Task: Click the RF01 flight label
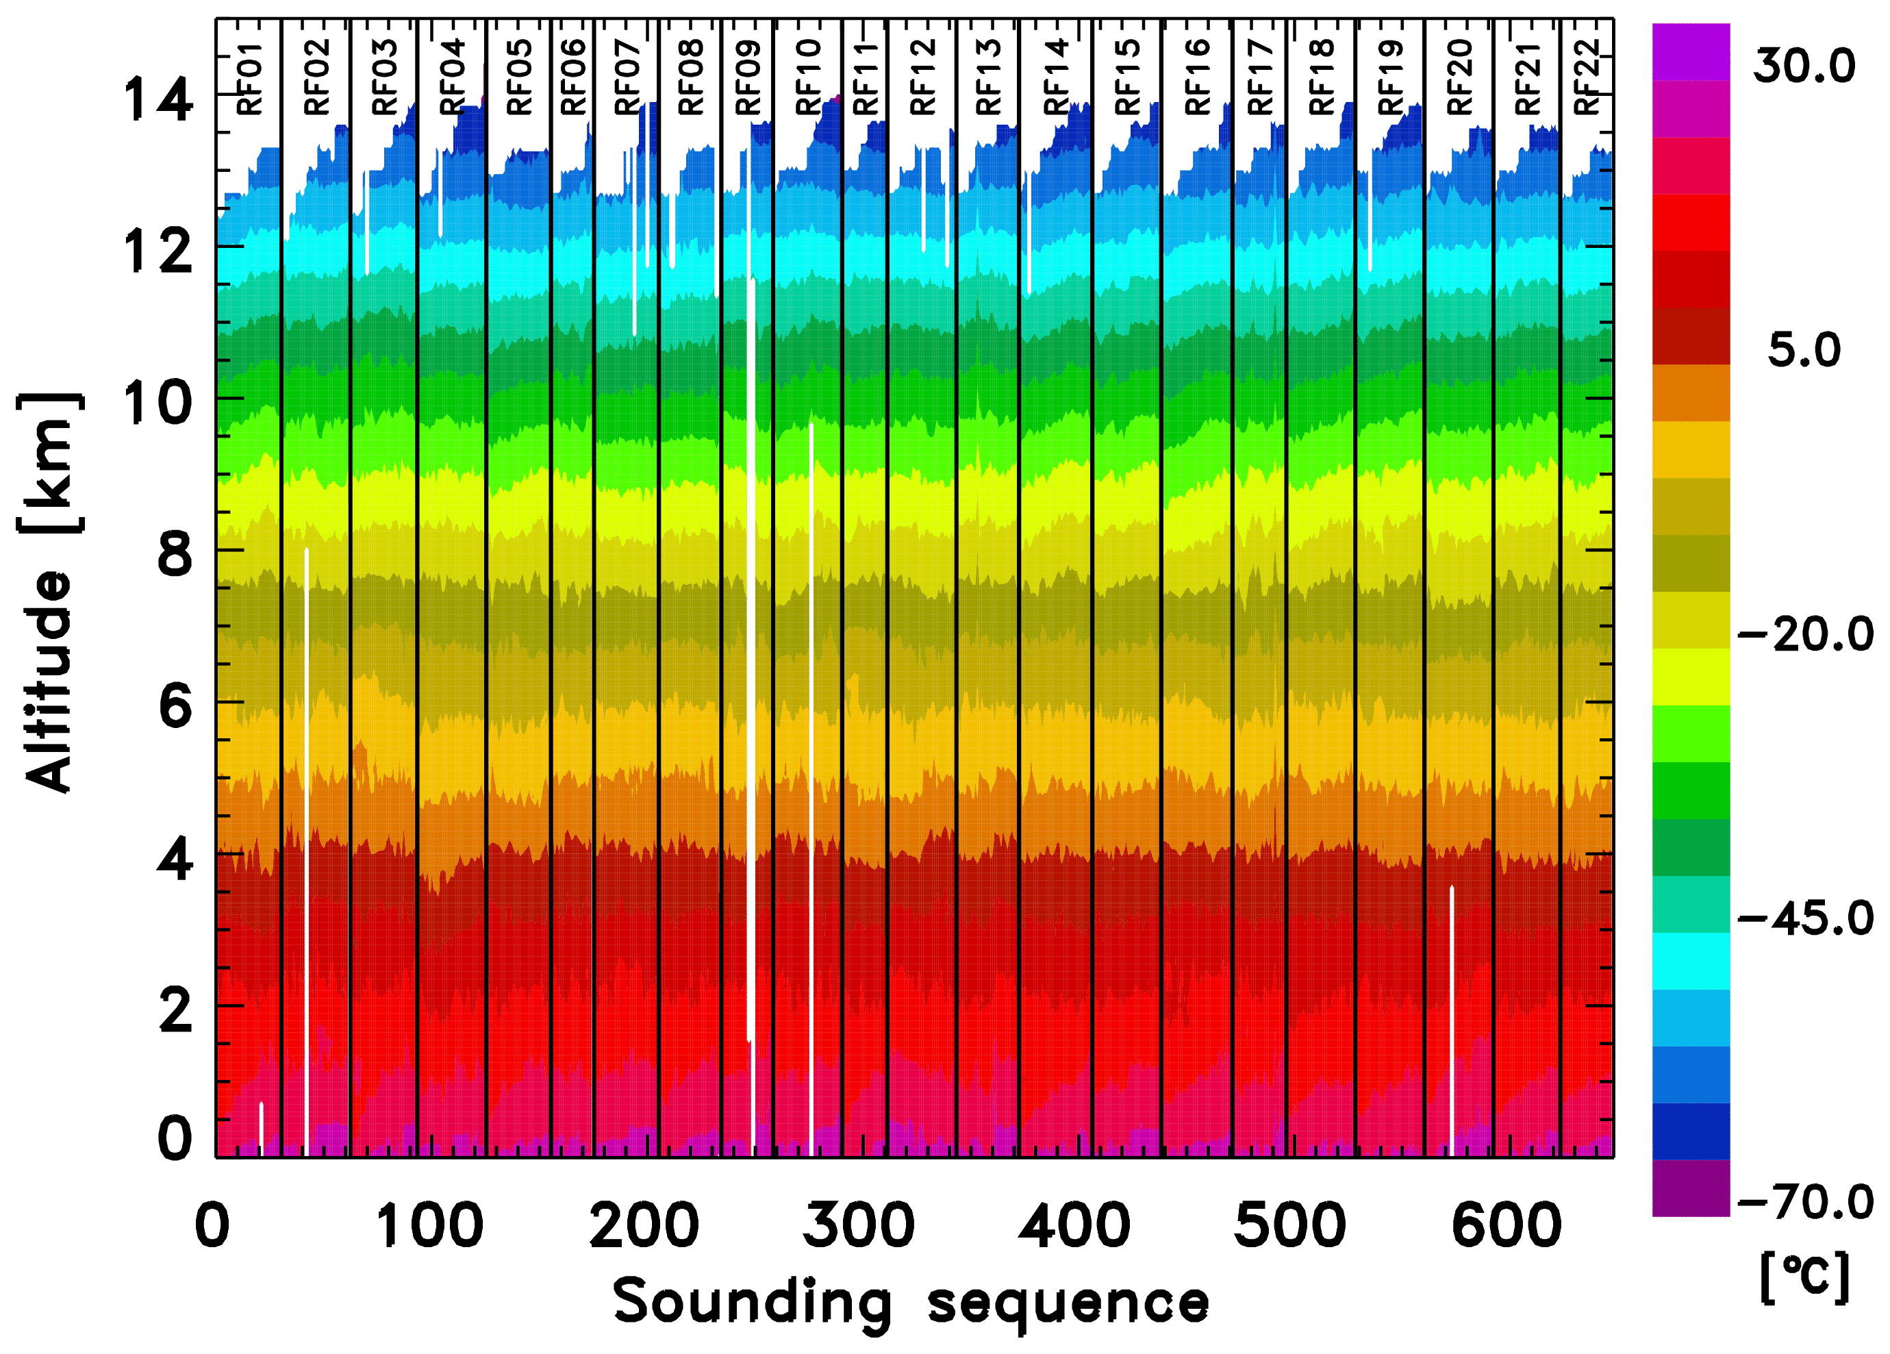[x=250, y=79]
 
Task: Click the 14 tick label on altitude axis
[x=157, y=99]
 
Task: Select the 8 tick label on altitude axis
[x=175, y=554]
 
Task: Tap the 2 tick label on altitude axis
[x=175, y=1010]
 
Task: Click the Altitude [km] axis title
[x=50, y=592]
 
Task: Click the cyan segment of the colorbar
[x=1691, y=961]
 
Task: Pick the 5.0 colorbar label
[x=1804, y=350]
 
